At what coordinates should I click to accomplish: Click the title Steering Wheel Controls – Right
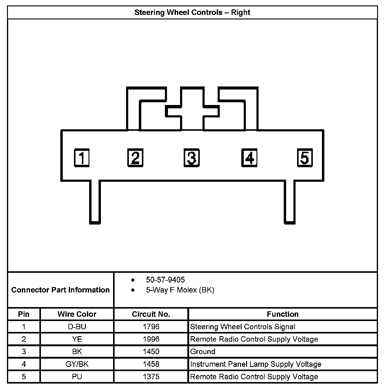point(192,12)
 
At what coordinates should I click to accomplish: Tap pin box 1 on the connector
point(82,158)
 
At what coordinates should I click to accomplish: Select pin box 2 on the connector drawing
point(135,158)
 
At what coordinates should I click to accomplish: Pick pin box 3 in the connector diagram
point(192,158)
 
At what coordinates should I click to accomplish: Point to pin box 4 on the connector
point(249,158)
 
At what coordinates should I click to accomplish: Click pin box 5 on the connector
point(305,158)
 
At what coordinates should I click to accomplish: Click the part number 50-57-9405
point(165,279)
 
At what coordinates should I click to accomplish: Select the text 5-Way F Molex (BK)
point(180,290)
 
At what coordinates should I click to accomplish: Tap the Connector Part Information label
point(60,290)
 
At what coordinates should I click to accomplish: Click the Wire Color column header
point(77,314)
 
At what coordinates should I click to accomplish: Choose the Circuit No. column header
point(151,314)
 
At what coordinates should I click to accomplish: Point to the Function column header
point(283,314)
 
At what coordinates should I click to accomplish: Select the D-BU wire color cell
point(77,327)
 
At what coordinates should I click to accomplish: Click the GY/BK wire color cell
point(77,364)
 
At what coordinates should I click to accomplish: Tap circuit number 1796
point(151,327)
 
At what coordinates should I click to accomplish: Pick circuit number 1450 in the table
point(151,352)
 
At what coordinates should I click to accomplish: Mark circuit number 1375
point(151,377)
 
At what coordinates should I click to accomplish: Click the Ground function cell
point(202,352)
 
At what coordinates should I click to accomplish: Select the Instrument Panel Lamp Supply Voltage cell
point(256,364)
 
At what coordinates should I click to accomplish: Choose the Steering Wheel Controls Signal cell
point(242,327)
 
